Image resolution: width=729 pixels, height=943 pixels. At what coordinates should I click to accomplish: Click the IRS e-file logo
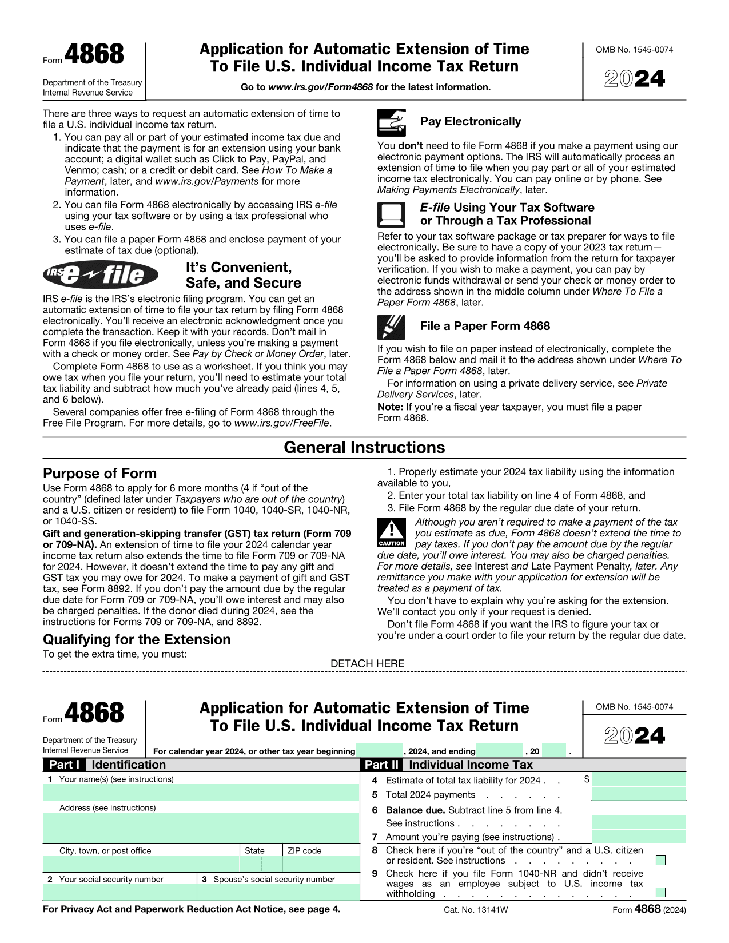coord(101,275)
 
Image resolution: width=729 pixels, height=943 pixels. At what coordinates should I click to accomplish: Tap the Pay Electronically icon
coord(392,122)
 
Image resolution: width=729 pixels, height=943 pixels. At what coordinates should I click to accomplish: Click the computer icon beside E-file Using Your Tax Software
coord(392,215)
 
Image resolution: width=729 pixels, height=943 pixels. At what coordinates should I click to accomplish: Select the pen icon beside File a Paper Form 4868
coord(392,327)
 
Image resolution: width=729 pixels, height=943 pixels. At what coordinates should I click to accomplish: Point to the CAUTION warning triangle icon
coord(392,532)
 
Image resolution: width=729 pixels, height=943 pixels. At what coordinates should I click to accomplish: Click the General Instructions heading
coord(364,448)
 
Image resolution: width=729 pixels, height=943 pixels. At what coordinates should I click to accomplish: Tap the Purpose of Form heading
coord(99,474)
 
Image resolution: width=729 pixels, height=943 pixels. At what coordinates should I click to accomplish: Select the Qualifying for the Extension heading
coord(137,639)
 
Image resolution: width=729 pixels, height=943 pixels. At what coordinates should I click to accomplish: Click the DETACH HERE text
coord(367,663)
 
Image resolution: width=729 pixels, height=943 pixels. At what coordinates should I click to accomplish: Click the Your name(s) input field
coord(201,793)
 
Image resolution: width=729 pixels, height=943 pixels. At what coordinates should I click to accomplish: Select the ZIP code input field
coord(321,864)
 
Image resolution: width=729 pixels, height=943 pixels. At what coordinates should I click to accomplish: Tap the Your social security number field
coord(119,892)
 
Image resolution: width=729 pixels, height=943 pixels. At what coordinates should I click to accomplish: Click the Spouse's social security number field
coord(278,892)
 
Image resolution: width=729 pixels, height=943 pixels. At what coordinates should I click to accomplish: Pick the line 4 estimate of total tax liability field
coord(639,779)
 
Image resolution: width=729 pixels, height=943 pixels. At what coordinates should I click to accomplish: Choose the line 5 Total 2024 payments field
coord(639,794)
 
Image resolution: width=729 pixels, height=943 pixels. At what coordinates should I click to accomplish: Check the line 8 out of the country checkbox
coord(660,860)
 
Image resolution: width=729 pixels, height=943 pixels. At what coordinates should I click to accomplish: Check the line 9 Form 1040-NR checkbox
coord(660,893)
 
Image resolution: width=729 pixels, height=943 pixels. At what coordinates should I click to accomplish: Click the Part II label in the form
coord(381,765)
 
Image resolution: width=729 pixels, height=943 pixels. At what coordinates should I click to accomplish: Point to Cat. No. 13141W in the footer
coord(476,910)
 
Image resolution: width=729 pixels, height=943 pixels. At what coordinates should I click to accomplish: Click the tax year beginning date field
coord(379,751)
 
